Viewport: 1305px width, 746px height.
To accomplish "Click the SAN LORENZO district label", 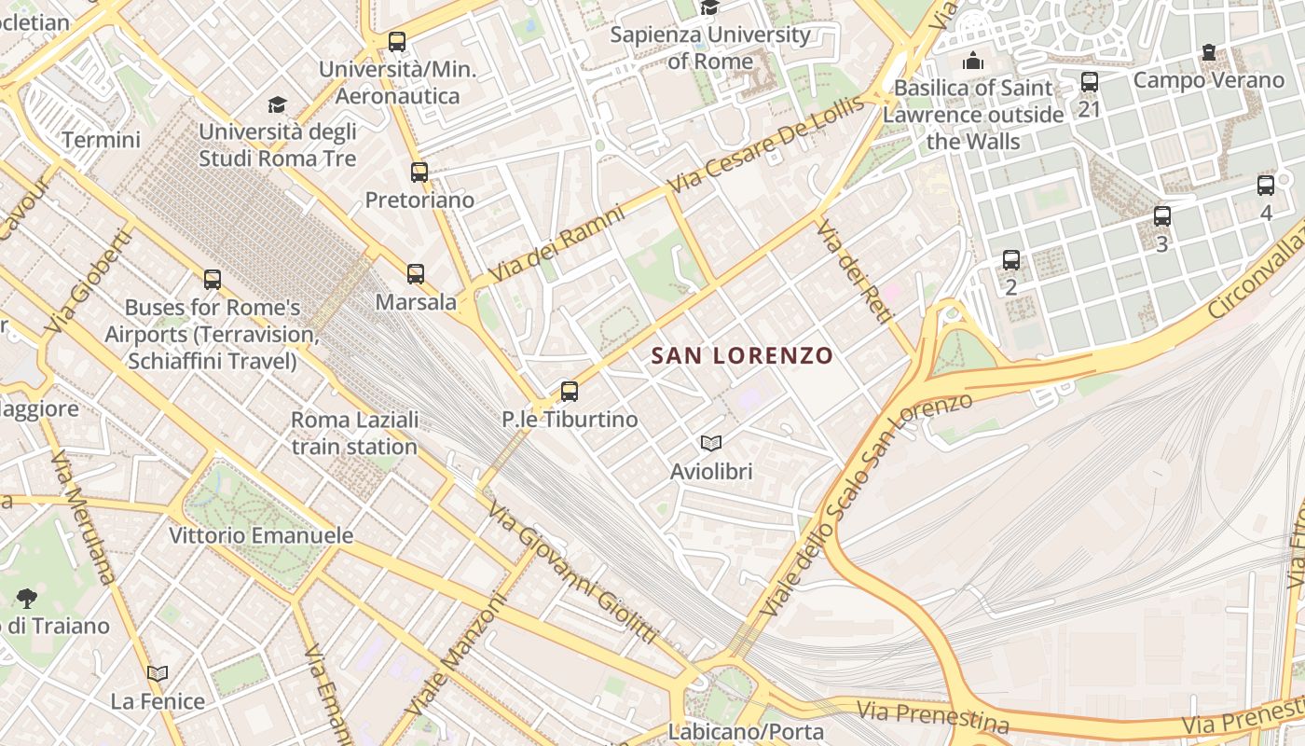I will tap(742, 355).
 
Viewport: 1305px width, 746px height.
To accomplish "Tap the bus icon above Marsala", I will tap(416, 274).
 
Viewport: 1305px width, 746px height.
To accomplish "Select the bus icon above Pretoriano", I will tap(419, 172).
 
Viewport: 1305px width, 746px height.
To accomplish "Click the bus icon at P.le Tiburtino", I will tap(570, 392).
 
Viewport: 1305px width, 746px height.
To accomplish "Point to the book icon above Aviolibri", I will tap(711, 444).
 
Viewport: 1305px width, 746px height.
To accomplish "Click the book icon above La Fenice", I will tap(158, 673).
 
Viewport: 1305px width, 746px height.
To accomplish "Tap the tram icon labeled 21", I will tap(1090, 82).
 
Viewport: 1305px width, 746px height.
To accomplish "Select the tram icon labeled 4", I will tap(1266, 186).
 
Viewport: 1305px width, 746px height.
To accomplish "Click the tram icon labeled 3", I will tap(1162, 216).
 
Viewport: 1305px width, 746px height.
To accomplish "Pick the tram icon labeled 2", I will tap(1011, 260).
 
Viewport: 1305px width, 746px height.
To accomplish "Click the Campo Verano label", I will tap(1208, 80).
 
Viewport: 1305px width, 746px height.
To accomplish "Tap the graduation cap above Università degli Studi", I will tap(277, 104).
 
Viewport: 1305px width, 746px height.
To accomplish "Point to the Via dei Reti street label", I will tap(854, 271).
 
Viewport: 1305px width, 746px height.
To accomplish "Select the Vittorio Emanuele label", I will tap(261, 535).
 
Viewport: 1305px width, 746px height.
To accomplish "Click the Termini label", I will tap(101, 140).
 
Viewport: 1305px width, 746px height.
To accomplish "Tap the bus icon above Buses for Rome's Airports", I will tap(213, 279).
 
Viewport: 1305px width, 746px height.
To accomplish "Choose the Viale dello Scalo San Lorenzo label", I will tap(866, 504).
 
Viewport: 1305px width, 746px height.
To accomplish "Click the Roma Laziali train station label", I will tap(354, 433).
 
